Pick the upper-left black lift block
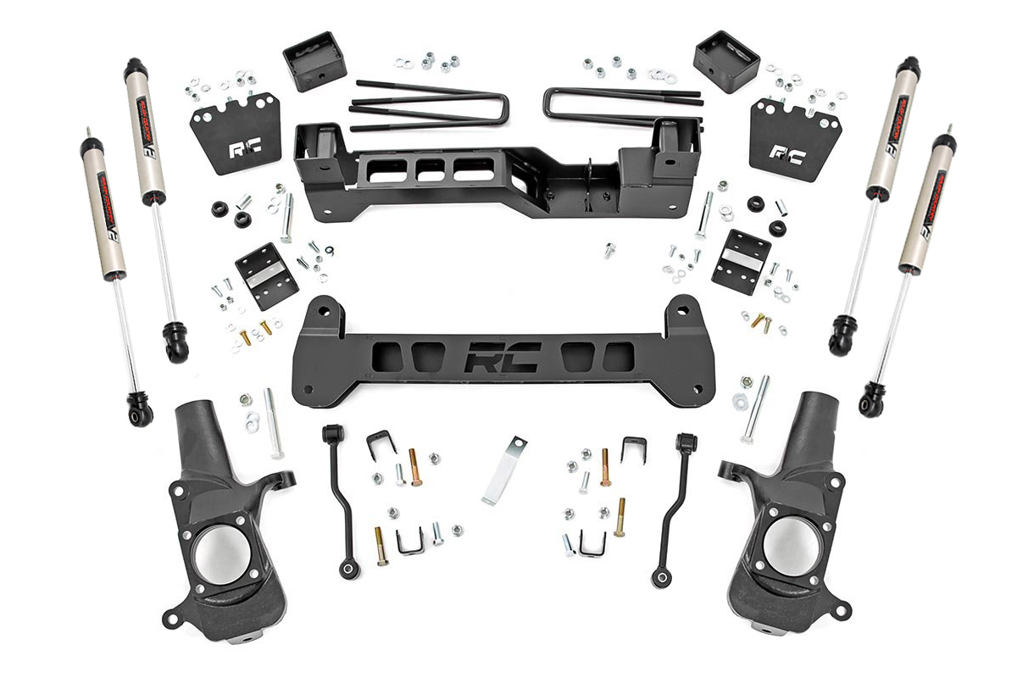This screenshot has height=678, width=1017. [x=314, y=61]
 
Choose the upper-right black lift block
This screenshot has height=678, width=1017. [x=725, y=61]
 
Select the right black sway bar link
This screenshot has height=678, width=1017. [x=675, y=508]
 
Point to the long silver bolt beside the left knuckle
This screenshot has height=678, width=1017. [x=273, y=422]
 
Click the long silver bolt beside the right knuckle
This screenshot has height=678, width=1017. [x=754, y=408]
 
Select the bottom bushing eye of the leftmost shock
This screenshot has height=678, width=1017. [x=141, y=413]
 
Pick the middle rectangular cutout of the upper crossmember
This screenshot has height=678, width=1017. [x=430, y=169]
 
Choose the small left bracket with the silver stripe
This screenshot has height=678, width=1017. [x=266, y=275]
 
